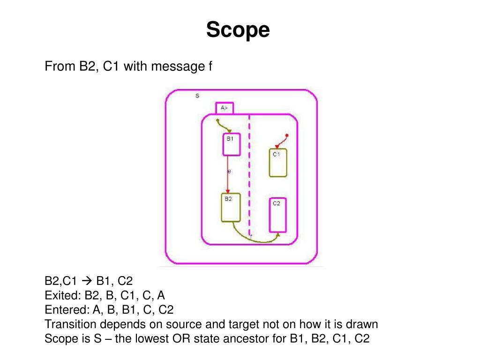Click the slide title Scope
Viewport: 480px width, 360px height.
point(238,30)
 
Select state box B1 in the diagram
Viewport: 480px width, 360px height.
point(231,145)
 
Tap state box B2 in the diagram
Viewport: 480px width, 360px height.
point(230,208)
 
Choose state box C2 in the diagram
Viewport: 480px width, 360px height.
point(277,215)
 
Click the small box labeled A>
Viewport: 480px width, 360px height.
point(225,108)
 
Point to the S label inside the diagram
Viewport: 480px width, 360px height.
point(197,96)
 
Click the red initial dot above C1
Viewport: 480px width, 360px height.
point(287,135)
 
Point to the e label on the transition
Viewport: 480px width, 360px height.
point(229,172)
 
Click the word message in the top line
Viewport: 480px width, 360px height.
point(179,67)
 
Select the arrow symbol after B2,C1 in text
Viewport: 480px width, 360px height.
point(87,281)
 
